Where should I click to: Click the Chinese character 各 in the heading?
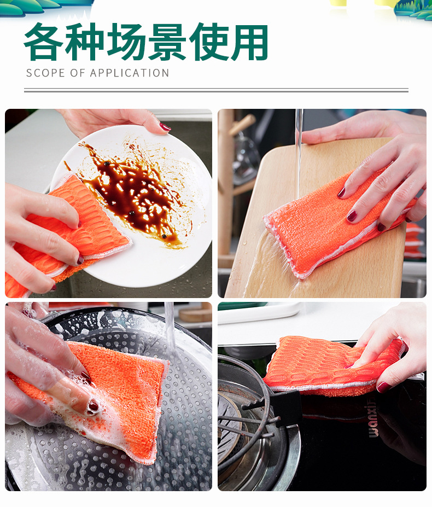coord(44,42)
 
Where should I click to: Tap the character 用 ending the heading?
coord(249,42)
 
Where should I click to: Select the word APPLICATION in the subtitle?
coord(130,73)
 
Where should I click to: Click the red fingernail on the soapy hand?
coord(94,406)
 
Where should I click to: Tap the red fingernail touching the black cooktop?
coord(383,387)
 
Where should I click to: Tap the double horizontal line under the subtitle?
coord(216,90)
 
